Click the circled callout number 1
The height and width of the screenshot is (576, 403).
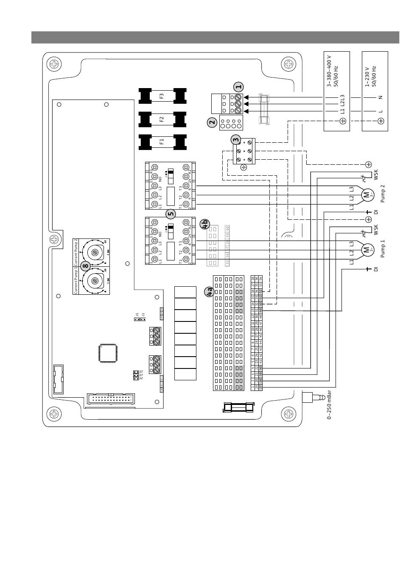point(238,87)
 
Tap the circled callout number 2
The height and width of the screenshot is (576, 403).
point(212,123)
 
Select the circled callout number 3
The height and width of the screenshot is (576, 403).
point(236,140)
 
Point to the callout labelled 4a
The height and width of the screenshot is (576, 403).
point(209,292)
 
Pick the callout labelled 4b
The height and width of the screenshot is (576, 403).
point(204,224)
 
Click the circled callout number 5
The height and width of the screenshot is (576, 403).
point(171,214)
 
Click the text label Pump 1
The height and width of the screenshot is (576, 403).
point(383,249)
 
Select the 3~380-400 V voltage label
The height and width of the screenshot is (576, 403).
point(332,71)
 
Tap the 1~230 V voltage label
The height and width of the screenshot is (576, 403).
point(370,76)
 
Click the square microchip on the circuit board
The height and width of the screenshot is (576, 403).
point(106,353)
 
